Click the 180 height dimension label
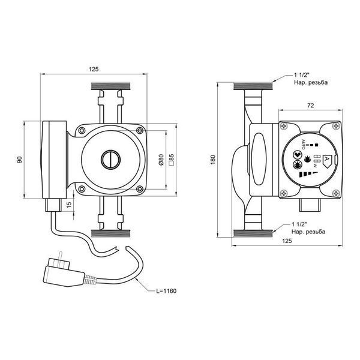click(213, 160)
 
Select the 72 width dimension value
click(310, 106)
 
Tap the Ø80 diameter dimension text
click(161, 160)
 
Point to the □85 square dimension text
click(172, 160)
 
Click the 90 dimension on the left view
click(20, 160)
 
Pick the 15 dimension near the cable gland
click(69, 205)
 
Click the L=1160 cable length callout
click(166, 291)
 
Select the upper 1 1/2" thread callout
click(311, 79)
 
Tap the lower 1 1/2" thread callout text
click(308, 228)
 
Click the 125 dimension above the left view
click(94, 69)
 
